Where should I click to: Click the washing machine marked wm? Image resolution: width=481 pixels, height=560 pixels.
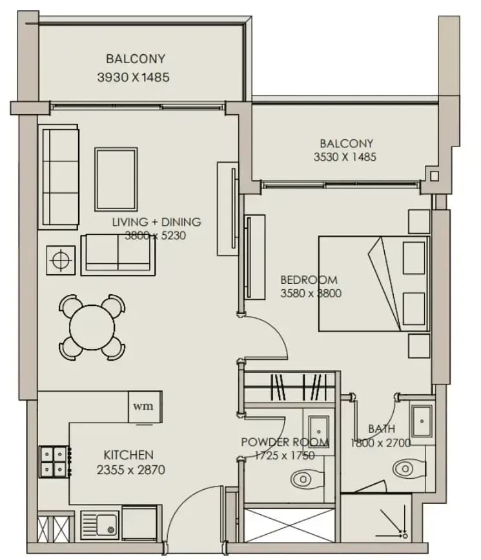click(x=145, y=407)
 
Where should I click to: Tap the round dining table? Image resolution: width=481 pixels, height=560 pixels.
click(x=92, y=328)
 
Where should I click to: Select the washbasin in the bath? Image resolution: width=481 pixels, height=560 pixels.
click(x=422, y=421)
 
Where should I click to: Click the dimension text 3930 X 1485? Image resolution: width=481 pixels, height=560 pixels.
click(x=133, y=77)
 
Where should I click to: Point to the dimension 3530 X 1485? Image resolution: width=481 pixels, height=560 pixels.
click(x=345, y=157)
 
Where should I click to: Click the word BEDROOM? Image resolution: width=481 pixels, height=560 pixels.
click(x=309, y=279)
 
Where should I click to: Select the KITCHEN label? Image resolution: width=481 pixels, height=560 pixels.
click(x=128, y=455)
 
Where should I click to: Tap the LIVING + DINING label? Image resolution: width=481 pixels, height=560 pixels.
click(x=156, y=222)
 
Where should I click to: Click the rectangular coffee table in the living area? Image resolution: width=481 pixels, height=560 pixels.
click(x=116, y=179)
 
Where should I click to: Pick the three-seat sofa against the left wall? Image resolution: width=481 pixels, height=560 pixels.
click(x=60, y=177)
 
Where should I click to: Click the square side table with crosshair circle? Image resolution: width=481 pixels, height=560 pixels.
click(x=61, y=260)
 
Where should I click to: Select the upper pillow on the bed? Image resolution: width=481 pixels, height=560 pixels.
click(x=414, y=257)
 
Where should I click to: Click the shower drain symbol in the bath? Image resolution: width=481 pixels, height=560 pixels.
click(x=405, y=535)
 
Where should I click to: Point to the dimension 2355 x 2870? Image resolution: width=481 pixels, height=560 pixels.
click(x=131, y=470)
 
